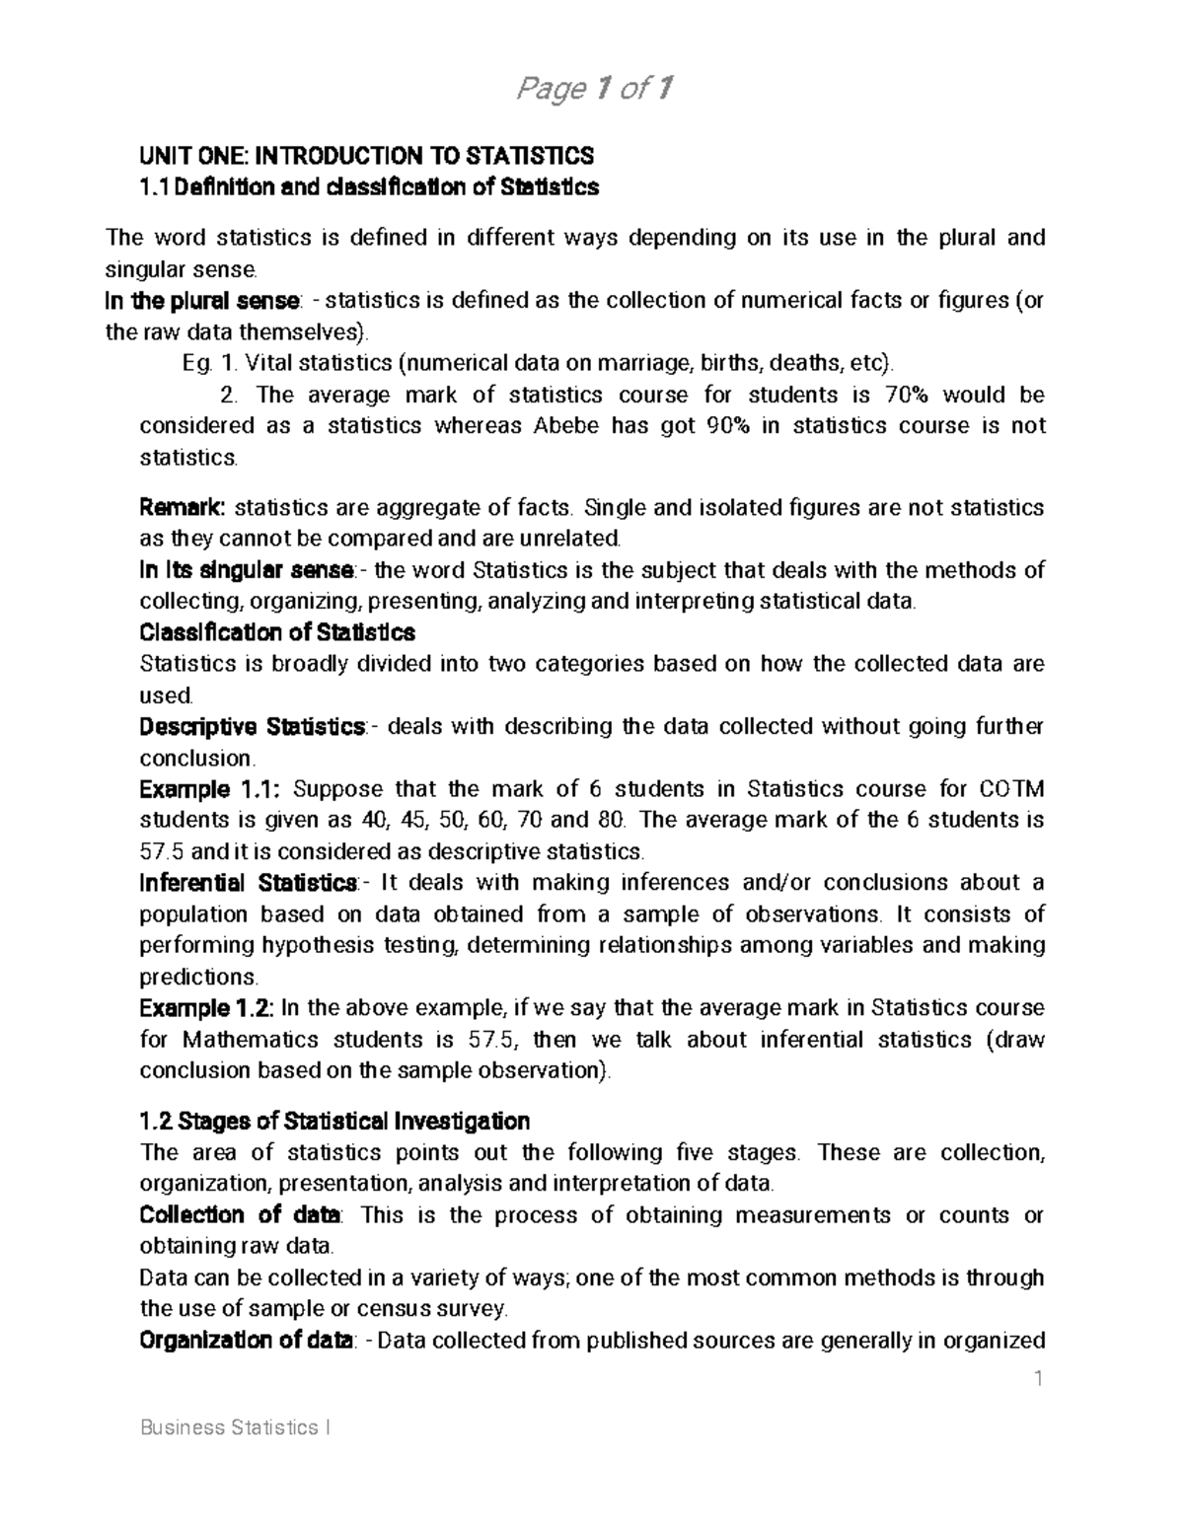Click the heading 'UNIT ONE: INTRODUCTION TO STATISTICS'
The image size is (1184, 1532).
[x=367, y=156]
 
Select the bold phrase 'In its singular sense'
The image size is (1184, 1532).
[x=247, y=570]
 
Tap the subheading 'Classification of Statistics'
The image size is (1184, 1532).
[x=277, y=632]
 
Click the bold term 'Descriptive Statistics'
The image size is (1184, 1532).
[x=253, y=727]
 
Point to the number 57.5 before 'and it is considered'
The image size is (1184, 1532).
[x=161, y=851]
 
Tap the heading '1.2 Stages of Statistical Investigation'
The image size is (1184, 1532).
[x=335, y=1122]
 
